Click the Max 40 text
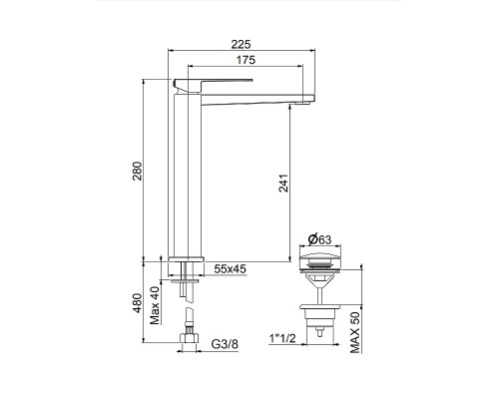coord(155,305)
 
